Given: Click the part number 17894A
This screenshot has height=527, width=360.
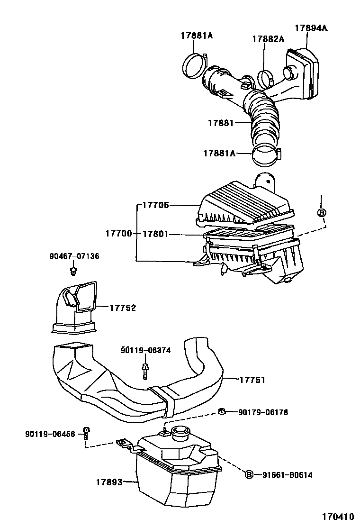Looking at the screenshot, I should [x=311, y=28].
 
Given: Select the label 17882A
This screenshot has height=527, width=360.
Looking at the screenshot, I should [x=268, y=39].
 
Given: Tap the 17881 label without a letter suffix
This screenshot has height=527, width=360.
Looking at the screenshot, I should [x=221, y=123].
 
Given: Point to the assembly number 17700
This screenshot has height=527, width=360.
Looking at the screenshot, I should [x=119, y=234].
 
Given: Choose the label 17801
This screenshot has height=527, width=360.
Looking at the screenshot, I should [x=156, y=234].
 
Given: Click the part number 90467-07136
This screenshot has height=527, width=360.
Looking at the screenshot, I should [x=74, y=256].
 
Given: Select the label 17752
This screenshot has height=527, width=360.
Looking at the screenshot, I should [x=123, y=308].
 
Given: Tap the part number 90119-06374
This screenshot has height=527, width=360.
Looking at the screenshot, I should [x=145, y=350].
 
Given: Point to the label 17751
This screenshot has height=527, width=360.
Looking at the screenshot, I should [x=252, y=380].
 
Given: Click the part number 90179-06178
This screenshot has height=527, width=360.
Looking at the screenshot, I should [x=263, y=412].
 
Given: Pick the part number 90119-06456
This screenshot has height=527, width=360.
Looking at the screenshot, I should [x=50, y=434].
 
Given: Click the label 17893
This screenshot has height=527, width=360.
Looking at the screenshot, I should [x=109, y=482].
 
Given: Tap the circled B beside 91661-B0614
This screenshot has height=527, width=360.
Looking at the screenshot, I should [x=249, y=474].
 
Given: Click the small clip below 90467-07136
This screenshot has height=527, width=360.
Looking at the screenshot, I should [x=73, y=271].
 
